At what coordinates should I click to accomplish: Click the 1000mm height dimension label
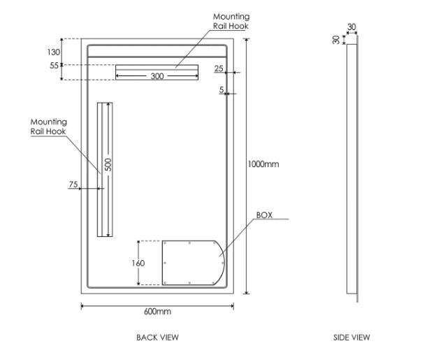click(263, 164)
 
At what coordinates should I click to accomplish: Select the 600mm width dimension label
click(157, 311)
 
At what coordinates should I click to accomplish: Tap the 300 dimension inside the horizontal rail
click(157, 76)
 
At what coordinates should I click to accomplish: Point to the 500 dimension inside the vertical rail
click(108, 165)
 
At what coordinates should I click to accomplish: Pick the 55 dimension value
click(54, 66)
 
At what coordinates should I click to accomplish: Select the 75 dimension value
click(73, 185)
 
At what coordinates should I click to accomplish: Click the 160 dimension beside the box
click(138, 263)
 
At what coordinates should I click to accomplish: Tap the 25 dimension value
click(219, 69)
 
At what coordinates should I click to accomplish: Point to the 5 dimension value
click(221, 90)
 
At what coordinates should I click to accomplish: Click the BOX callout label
click(263, 215)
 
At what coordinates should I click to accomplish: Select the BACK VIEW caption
click(157, 337)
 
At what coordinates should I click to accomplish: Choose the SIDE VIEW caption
click(351, 337)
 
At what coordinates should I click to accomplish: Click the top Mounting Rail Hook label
click(231, 21)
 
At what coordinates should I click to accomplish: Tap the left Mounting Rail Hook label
click(49, 127)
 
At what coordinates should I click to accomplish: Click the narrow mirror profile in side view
click(352, 168)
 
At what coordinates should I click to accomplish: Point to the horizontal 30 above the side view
click(351, 27)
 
